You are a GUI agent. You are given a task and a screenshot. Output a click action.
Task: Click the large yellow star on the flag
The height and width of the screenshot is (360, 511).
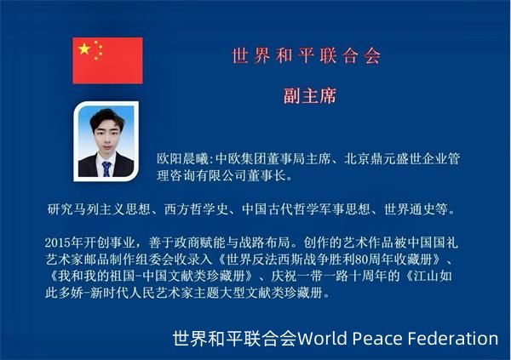[84, 49]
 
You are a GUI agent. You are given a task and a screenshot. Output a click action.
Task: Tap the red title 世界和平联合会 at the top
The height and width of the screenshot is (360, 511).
[306, 56]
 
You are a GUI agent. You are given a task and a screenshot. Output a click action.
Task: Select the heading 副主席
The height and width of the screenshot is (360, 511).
[310, 96]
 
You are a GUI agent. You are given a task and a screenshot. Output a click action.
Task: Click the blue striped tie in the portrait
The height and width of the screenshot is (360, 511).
[106, 169]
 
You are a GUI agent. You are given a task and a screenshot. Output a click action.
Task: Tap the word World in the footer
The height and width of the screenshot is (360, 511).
[322, 338]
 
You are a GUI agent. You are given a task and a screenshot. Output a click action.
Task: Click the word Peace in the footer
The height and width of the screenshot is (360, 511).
[377, 338]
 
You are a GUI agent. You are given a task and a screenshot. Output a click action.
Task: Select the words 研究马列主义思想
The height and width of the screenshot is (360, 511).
[99, 209]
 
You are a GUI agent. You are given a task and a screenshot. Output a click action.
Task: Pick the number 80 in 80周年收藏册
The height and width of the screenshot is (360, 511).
[361, 260]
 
